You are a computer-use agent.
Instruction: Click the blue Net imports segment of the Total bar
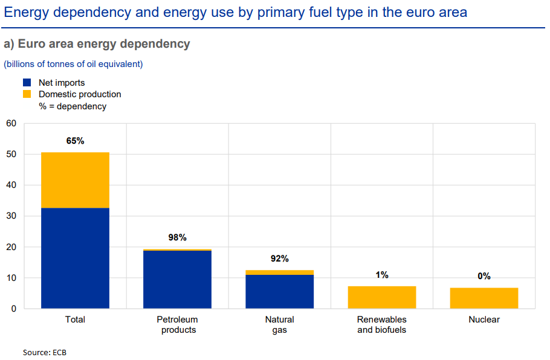[75, 258]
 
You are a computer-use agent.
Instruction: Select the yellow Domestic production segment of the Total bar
[75, 180]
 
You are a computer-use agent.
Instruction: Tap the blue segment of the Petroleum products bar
[177, 279]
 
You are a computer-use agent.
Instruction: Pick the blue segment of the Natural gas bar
[279, 291]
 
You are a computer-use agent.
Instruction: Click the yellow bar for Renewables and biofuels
[382, 297]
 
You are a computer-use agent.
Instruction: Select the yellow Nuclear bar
[484, 298]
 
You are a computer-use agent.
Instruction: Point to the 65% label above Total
[75, 141]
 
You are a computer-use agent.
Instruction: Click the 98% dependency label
[177, 237]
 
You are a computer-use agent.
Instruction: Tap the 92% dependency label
[279, 259]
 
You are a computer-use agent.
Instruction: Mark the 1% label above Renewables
[382, 275]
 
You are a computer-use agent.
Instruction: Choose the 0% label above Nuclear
[484, 276]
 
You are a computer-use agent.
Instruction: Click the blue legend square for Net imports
[27, 83]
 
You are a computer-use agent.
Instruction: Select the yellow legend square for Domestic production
[27, 94]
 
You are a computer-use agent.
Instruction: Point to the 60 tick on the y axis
[11, 124]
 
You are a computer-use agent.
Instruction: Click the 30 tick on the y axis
[11, 216]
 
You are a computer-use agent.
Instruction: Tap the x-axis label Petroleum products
[177, 324]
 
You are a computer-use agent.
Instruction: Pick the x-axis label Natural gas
[279, 324]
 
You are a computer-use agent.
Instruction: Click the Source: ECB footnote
[45, 352]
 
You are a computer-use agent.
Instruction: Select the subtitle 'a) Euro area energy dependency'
[97, 44]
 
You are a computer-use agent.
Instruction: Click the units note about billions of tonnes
[73, 64]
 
